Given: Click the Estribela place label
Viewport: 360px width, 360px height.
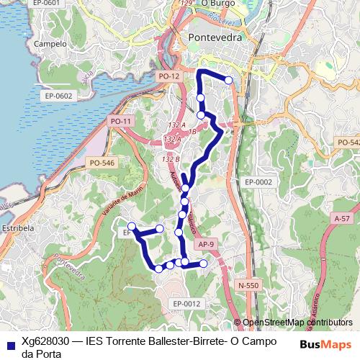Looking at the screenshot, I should pyautogui.click(x=19, y=228).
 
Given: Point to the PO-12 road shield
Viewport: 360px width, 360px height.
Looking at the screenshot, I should pyautogui.click(x=168, y=75).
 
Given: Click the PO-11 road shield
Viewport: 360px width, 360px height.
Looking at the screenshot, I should pyautogui.click(x=121, y=122).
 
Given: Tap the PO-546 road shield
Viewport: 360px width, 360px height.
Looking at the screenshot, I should pyautogui.click(x=102, y=163).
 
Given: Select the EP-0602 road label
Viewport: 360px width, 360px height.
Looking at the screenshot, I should pyautogui.click(x=58, y=96).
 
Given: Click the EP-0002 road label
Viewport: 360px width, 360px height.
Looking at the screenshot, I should pyautogui.click(x=258, y=182).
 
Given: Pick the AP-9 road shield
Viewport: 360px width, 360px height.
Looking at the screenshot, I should pyautogui.click(x=206, y=245).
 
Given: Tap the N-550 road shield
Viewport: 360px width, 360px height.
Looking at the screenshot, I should pyautogui.click(x=248, y=285).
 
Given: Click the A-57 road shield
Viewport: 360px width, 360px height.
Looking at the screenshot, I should pyautogui.click(x=341, y=217).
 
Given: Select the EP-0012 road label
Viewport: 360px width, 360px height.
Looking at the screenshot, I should pyautogui.click(x=186, y=304).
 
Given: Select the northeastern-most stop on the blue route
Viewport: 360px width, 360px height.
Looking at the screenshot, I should pyautogui.click(x=229, y=80).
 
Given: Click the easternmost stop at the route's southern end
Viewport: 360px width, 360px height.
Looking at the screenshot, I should pyautogui.click(x=203, y=264).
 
